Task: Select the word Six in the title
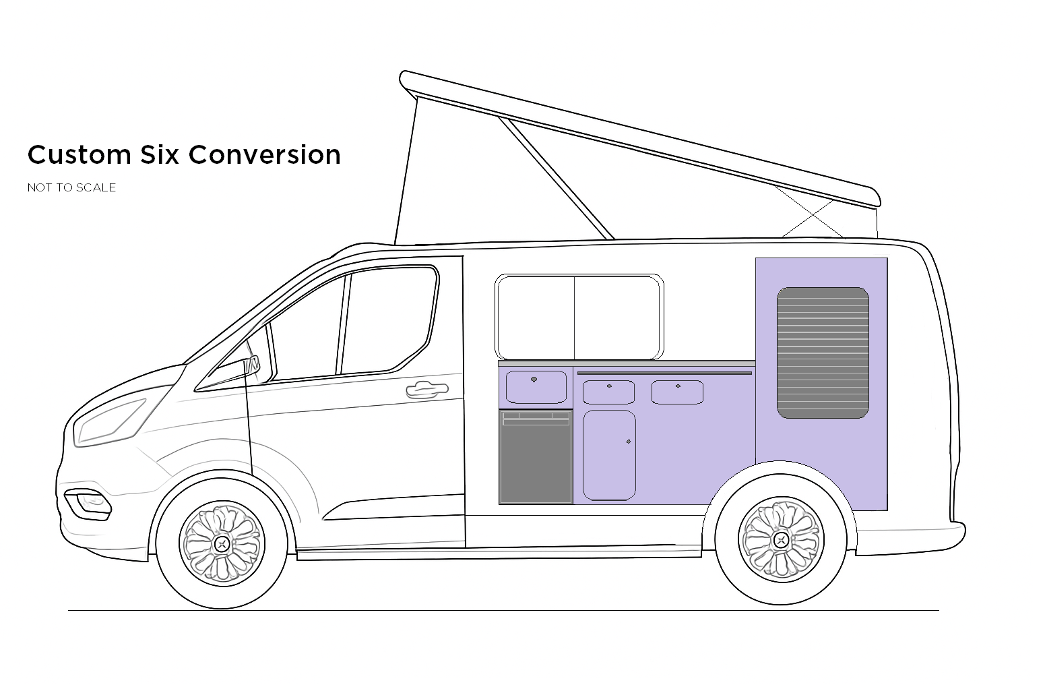[160, 155]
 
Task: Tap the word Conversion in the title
[265, 155]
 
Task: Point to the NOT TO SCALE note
[71, 187]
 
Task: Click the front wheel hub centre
[222, 543]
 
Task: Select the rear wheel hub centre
[782, 539]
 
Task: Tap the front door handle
[426, 389]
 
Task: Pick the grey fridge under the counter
[536, 457]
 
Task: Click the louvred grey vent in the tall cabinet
[823, 353]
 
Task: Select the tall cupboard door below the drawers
[609, 455]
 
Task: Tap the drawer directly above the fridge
[536, 387]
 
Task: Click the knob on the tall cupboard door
[629, 442]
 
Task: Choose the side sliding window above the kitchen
[579, 317]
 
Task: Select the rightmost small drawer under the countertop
[677, 392]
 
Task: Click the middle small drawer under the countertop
[608, 392]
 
